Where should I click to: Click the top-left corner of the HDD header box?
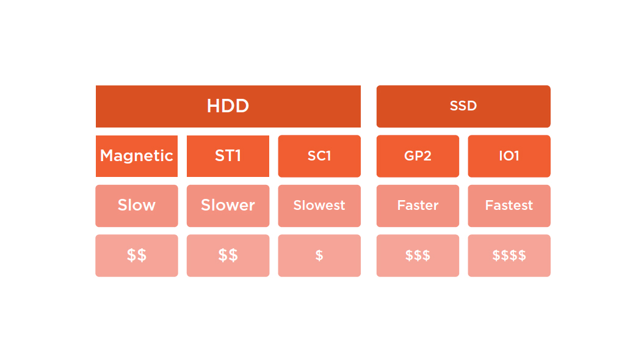point(96,86)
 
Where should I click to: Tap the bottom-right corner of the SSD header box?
point(550,127)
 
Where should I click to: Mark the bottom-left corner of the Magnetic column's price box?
point(96,276)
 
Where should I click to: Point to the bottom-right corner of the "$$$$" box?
point(550,276)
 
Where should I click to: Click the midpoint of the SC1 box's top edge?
point(319,135)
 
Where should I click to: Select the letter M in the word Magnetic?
point(107,156)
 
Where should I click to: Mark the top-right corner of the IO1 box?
point(550,135)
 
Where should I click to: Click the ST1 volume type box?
point(228,156)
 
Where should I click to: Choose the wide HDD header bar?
point(228,106)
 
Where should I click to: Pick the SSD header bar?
point(463,106)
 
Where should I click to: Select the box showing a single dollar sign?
point(319,256)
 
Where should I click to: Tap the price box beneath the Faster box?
point(418,256)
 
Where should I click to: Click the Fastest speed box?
point(509,206)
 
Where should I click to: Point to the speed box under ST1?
point(228,206)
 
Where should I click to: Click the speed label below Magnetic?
point(137,205)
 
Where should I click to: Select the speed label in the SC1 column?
point(319,205)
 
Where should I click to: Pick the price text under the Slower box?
point(228,256)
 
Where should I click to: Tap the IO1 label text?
point(509,156)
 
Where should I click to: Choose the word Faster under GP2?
point(418,205)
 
